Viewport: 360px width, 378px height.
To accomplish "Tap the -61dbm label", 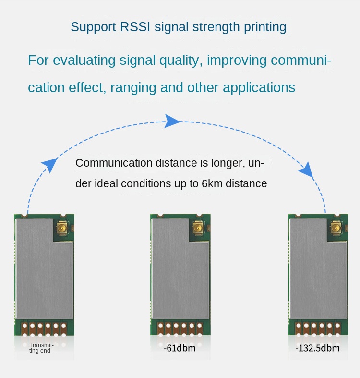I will coord(180,348).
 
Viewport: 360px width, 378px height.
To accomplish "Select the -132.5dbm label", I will coord(317,348).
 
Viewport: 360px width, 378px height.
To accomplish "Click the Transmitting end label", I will coord(41,347).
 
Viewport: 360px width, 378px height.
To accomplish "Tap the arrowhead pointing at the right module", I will coord(306,170).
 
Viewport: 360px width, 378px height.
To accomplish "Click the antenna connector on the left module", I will coord(62,229).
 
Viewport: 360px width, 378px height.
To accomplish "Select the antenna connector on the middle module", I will coord(198,229).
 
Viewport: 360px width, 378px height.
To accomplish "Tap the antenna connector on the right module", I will coord(335,229).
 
